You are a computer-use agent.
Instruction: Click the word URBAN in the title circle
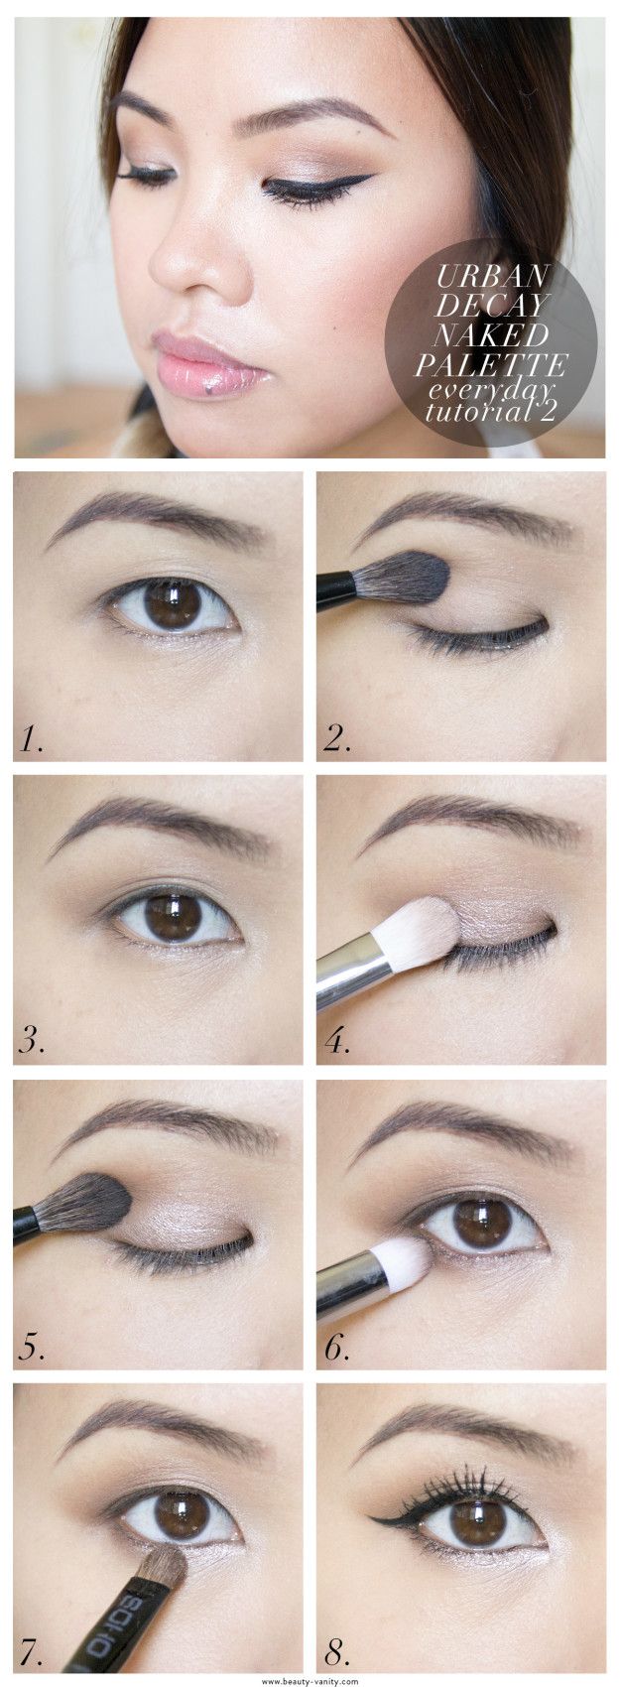click(492, 276)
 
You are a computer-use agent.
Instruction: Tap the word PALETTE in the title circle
click(490, 365)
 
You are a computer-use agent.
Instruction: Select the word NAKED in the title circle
click(491, 335)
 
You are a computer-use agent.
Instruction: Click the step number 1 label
click(31, 739)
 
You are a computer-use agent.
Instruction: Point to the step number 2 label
click(336, 739)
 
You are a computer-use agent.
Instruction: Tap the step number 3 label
click(32, 1042)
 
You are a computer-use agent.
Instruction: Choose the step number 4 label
click(336, 1042)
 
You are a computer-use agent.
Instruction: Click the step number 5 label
click(32, 1346)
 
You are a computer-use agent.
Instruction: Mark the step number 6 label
click(336, 1346)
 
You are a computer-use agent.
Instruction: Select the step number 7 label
click(31, 1649)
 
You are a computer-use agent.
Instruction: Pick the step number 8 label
click(336, 1649)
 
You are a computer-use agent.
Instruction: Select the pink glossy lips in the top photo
click(204, 365)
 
